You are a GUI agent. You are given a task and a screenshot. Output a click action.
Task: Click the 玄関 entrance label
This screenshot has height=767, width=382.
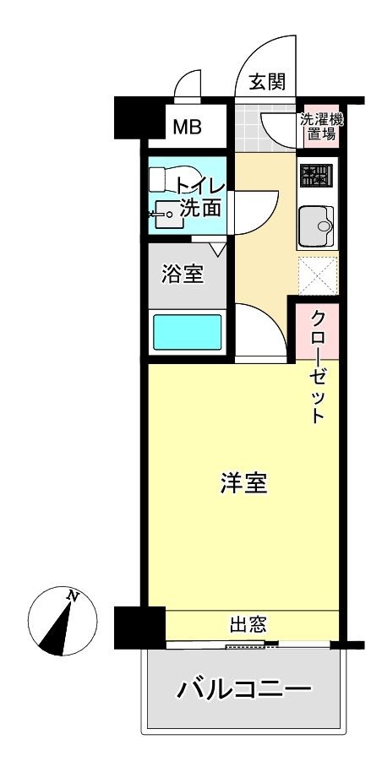266,82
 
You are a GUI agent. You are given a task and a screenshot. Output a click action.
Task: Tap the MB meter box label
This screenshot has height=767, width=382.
188,128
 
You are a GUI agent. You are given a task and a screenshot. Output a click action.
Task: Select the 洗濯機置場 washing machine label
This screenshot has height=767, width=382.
321,127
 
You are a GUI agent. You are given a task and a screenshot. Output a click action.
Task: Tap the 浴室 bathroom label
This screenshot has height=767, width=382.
182,275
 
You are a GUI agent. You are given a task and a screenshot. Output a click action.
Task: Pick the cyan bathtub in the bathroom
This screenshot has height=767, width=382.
188,332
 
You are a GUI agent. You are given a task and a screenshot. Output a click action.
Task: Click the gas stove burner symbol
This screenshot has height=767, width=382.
316,176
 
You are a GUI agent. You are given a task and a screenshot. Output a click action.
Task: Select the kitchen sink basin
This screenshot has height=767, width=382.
317,226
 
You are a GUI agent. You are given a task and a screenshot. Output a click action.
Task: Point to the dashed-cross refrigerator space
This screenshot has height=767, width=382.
318,275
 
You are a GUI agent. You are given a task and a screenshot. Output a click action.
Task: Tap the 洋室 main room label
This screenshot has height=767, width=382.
243,483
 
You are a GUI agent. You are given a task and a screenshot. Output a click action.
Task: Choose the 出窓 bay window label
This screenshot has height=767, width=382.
248,624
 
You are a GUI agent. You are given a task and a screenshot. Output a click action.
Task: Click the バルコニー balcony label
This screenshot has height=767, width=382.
243,691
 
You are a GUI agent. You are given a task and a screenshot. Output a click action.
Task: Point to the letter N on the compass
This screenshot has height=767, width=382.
74,596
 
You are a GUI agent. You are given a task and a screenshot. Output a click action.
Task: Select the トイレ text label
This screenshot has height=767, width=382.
200,187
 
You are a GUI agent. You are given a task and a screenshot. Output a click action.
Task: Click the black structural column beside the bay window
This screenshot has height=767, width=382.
139,628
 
